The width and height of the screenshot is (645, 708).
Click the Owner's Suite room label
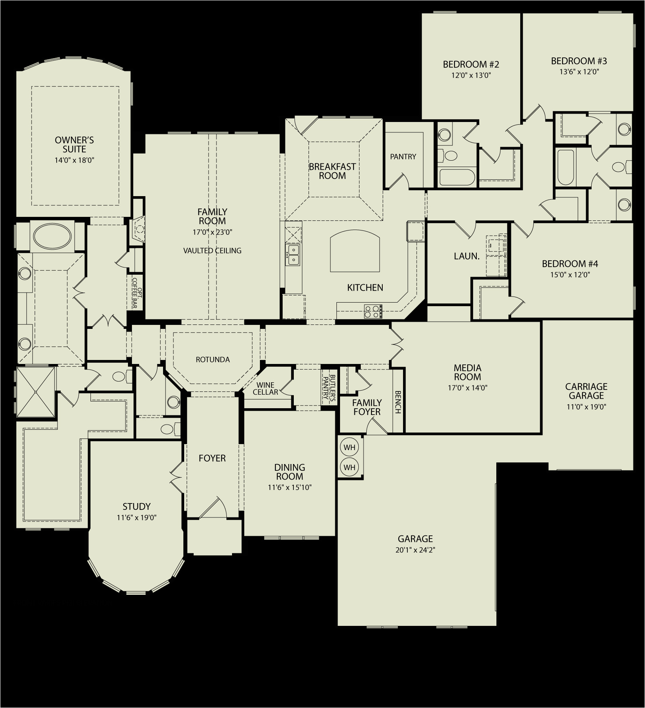74,144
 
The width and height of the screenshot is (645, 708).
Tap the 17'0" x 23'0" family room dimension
212,232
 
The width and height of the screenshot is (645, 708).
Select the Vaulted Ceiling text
212,251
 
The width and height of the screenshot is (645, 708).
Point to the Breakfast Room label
332,171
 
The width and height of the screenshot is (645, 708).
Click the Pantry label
403,157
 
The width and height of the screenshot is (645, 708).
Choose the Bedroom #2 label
471,64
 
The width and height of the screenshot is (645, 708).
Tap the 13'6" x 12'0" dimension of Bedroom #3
579,72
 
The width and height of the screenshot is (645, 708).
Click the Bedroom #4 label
570,264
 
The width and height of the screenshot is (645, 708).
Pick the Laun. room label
467,256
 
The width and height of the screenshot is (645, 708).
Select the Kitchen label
365,287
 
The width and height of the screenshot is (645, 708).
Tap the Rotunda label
213,360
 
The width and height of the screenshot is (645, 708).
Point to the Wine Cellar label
265,389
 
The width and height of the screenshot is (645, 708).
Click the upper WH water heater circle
350,447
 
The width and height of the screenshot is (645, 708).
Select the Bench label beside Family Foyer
397,402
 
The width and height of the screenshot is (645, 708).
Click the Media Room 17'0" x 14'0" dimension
468,387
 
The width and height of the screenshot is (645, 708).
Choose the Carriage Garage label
586,391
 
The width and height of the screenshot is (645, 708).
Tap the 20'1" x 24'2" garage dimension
415,550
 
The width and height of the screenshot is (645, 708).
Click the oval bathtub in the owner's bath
52,237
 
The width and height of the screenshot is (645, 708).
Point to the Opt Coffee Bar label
137,293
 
